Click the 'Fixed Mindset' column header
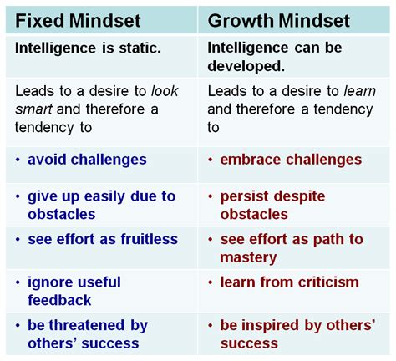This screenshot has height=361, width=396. pyautogui.click(x=78, y=21)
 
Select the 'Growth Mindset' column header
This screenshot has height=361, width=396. pyautogui.click(x=278, y=21)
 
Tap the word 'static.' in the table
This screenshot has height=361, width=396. pyautogui.click(x=140, y=48)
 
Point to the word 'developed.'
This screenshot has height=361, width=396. pyautogui.click(x=246, y=66)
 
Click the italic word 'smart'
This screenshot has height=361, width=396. pyautogui.click(x=33, y=109)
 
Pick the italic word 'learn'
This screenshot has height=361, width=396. pyautogui.click(x=360, y=91)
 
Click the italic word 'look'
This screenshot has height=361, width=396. pyautogui.click(x=165, y=91)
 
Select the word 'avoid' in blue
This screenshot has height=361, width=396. pyautogui.click(x=48, y=160)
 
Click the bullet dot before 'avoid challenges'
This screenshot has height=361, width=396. pyautogui.click(x=18, y=160)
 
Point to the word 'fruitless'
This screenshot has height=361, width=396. pyautogui.click(x=150, y=239)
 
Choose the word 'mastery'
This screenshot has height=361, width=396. pyautogui.click(x=248, y=258)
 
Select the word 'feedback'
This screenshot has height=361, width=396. pyautogui.click(x=59, y=300)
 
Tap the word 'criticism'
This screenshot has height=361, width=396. pyautogui.click(x=328, y=282)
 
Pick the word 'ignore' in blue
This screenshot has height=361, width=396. pyautogui.click(x=47, y=282)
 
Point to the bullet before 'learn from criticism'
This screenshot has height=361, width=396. pyautogui.click(x=211, y=282)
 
